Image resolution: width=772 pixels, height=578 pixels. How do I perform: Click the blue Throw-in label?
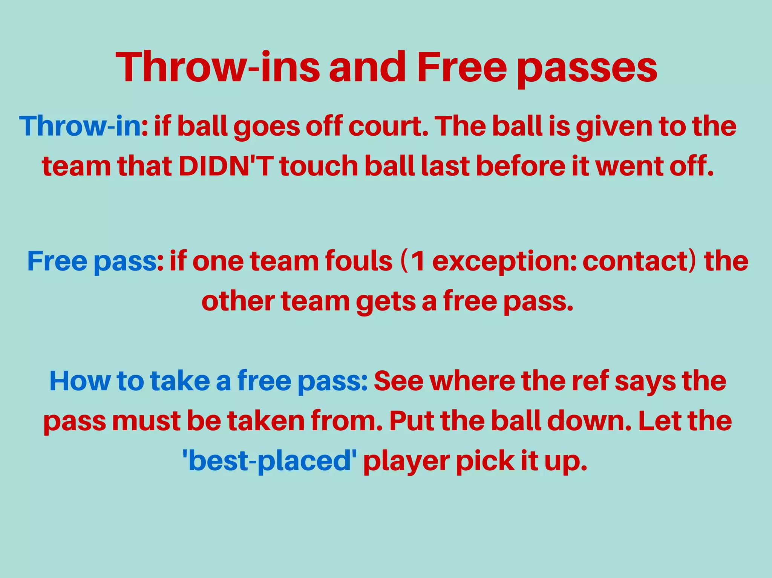click(x=80, y=126)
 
